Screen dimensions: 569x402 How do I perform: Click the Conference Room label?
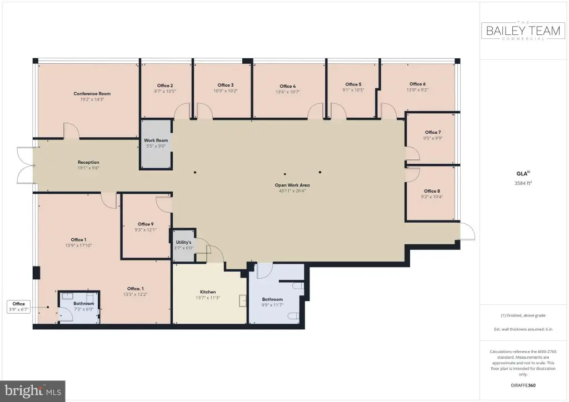pyautogui.click(x=92, y=93)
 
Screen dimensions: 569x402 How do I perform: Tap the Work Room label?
pyautogui.click(x=156, y=140)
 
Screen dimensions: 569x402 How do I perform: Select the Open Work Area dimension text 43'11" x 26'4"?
pyautogui.click(x=292, y=190)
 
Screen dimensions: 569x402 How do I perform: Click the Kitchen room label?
pyautogui.click(x=208, y=292)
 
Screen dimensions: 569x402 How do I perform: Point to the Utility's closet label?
pyautogui.click(x=183, y=242)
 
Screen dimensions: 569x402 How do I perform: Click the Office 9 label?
pyautogui.click(x=146, y=224)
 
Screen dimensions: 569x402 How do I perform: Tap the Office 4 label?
pyautogui.click(x=288, y=86)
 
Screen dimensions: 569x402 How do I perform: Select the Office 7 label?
pyautogui.click(x=433, y=132)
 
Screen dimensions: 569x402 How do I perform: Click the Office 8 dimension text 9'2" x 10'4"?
pyautogui.click(x=432, y=197)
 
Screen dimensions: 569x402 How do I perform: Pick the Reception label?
pyautogui.click(x=88, y=162)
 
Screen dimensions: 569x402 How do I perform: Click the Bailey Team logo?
pyautogui.click(x=523, y=31)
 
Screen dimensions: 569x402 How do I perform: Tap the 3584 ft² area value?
pyautogui.click(x=523, y=183)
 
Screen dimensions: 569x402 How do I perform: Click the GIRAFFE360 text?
pyautogui.click(x=523, y=385)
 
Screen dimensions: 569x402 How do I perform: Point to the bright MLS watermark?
pyautogui.click(x=33, y=391)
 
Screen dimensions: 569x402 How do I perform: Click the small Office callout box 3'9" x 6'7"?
pyautogui.click(x=18, y=306)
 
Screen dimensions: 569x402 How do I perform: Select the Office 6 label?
pyautogui.click(x=418, y=84)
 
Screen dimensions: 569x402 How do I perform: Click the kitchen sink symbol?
pyautogui.click(x=242, y=301)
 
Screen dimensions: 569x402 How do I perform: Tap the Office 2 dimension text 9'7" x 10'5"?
pyautogui.click(x=164, y=92)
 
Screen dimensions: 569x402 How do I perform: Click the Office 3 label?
pyautogui.click(x=226, y=85)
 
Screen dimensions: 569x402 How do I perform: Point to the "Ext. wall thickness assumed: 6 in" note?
pyautogui.click(x=523, y=329)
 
